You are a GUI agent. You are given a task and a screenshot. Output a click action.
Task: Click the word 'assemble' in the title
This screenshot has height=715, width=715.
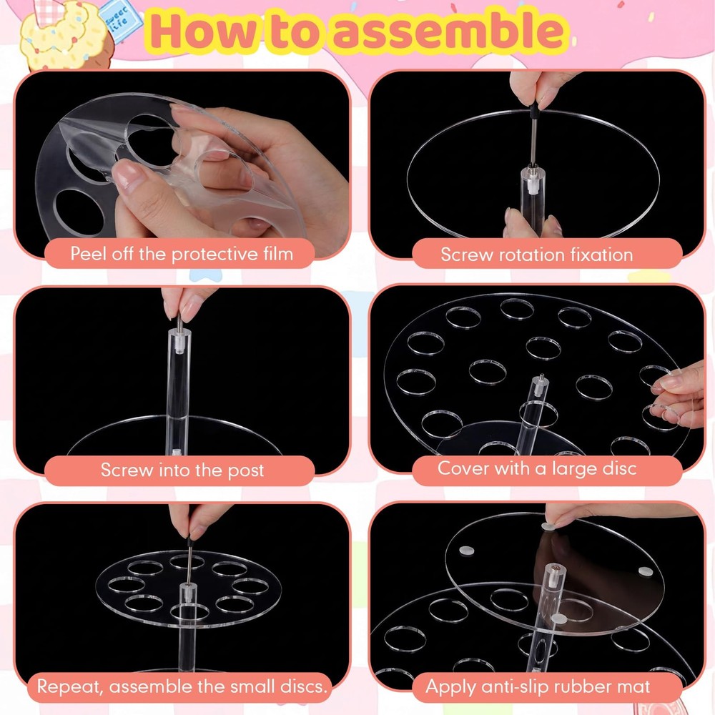coord(450,31)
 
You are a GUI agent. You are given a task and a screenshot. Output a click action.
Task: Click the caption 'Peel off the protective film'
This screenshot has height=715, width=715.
coord(182,254)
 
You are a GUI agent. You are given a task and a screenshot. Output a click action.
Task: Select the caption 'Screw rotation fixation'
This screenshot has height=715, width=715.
coord(537,255)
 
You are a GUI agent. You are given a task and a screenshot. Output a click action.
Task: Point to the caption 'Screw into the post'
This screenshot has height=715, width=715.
coord(182,470)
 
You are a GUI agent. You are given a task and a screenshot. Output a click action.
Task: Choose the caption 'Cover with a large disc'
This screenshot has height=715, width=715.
coord(537,469)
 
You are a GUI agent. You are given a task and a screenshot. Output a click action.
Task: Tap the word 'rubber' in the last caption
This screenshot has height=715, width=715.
coord(590,686)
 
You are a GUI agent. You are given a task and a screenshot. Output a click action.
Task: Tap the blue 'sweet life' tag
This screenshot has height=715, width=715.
coord(119,21)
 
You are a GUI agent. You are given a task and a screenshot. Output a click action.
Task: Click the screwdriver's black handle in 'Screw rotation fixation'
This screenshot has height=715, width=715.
coord(533,112)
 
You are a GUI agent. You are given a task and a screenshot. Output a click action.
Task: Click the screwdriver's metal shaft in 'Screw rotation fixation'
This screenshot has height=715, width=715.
coord(533,143)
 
